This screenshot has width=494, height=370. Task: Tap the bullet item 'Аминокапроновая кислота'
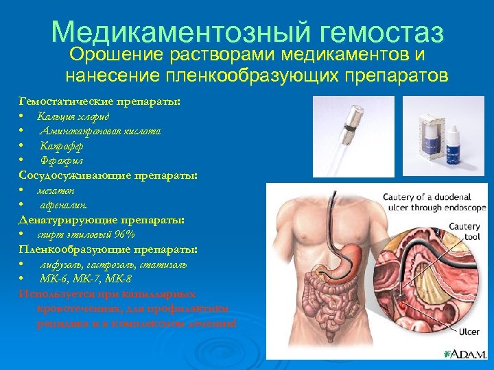point(100,130)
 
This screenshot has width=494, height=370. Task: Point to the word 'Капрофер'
point(62,145)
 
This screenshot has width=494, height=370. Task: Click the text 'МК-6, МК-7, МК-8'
point(86,278)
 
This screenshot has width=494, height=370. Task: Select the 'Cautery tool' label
point(464,232)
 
